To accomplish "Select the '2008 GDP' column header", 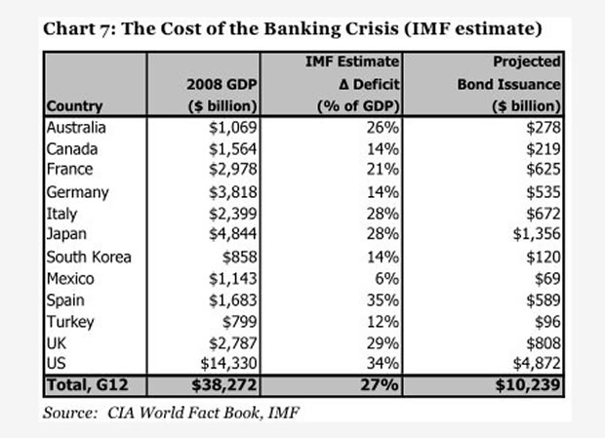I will (221, 84).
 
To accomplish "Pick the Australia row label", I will (76, 127).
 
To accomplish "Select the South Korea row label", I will (86, 257).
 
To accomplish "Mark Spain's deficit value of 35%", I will (383, 299).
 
